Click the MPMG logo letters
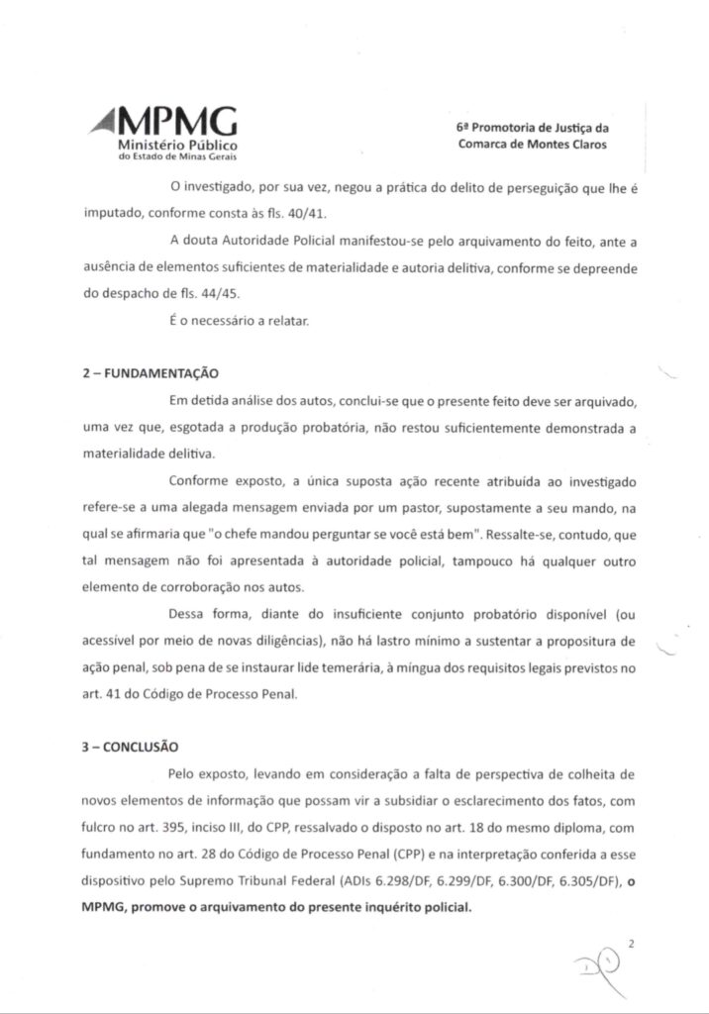pos(178,123)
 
